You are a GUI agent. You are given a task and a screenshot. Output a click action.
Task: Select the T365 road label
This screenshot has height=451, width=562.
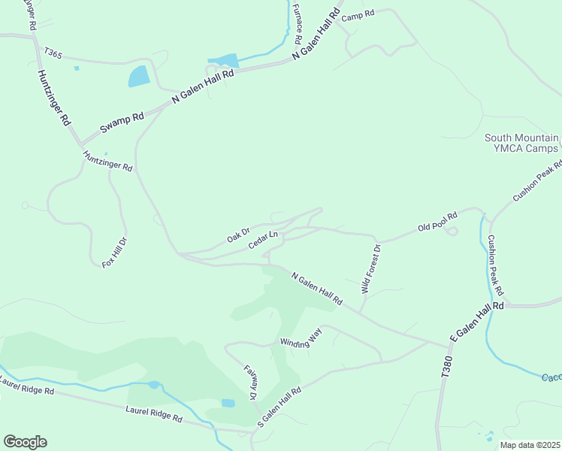coord(53,53)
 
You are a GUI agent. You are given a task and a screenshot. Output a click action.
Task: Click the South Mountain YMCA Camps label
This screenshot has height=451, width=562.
coord(521,143)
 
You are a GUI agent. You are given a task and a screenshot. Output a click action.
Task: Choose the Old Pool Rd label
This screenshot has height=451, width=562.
coord(437,222)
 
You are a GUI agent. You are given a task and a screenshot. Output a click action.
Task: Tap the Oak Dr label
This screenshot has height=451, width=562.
coord(237,235)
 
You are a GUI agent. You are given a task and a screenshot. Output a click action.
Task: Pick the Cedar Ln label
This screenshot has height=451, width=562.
coord(263,239)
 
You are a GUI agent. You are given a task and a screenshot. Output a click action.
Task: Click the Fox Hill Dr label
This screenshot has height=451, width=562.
coord(115,253)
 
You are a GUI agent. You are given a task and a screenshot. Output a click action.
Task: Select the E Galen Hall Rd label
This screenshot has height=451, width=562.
coord(476,323)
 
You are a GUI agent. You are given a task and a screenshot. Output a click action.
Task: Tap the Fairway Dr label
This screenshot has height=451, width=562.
coord(249,382)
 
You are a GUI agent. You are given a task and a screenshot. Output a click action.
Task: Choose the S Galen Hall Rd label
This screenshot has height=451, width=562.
coord(279,407)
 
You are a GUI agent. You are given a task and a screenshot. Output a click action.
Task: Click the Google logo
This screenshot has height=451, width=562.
coord(25,442)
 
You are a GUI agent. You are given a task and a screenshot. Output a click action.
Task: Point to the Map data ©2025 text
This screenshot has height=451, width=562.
coord(529,445)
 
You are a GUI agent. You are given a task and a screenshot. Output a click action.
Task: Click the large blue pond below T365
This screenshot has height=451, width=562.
coord(138,76)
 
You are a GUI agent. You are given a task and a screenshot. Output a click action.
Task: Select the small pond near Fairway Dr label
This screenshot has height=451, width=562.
coord(228,403)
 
